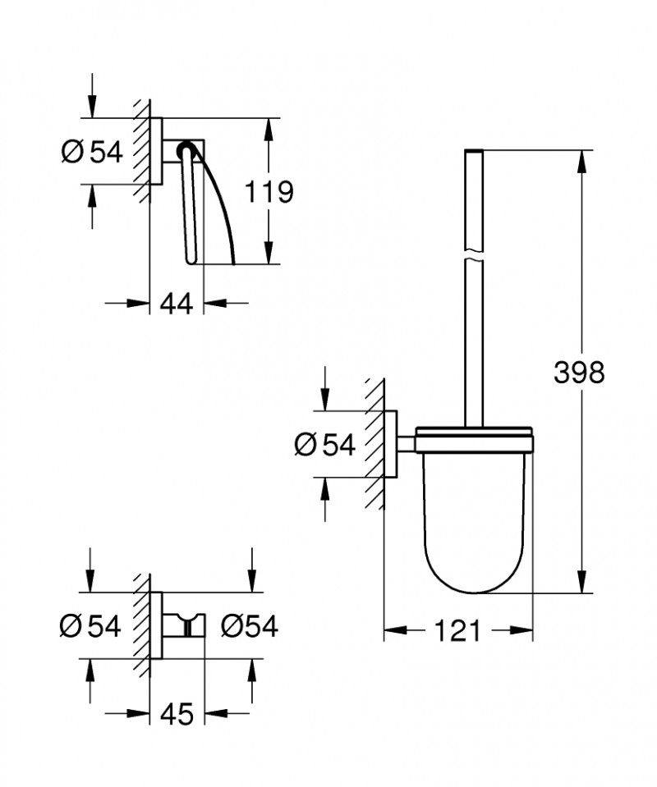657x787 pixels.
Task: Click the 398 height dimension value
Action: [578, 373]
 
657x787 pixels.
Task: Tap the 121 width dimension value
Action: [457, 631]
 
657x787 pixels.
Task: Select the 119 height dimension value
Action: [269, 192]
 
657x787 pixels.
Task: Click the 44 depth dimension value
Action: [176, 304]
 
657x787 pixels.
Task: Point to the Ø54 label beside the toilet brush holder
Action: [324, 445]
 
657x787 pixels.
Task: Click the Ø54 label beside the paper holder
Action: [92, 152]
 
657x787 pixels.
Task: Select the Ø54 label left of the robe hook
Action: [91, 626]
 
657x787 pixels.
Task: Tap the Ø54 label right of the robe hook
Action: [250, 626]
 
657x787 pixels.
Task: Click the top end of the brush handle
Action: [474, 153]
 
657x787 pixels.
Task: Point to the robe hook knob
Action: [193, 627]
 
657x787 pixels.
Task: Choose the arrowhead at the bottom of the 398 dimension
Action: [582, 583]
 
